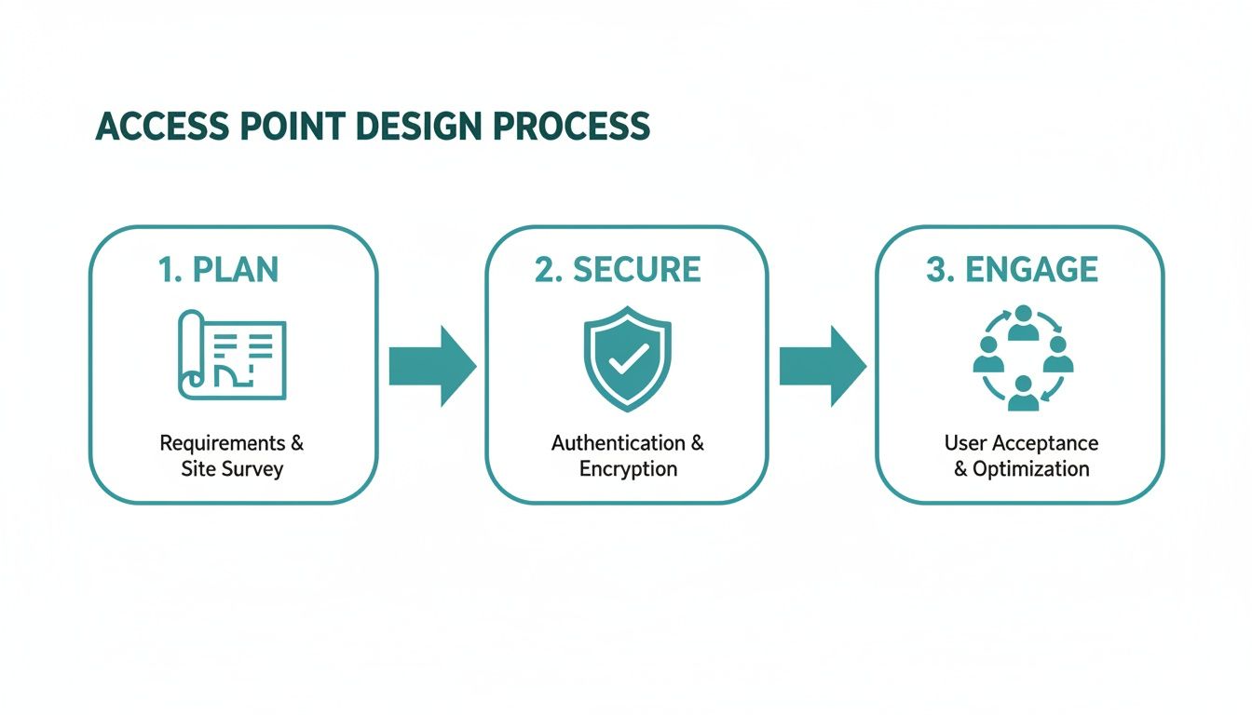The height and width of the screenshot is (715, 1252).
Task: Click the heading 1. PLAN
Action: click(218, 269)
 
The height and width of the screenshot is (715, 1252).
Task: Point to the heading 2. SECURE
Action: click(618, 269)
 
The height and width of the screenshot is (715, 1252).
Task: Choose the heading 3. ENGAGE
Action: click(1012, 269)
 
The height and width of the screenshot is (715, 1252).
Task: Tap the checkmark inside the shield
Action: click(627, 358)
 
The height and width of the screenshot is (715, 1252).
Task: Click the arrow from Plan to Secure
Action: click(431, 366)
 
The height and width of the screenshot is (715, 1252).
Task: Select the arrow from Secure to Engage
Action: click(822, 366)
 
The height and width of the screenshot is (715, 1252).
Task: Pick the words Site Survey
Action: click(232, 468)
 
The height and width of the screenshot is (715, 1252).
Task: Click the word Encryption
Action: click(628, 468)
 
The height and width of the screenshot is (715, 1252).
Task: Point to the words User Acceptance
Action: click(1021, 442)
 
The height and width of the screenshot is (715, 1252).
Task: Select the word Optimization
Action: click(1030, 468)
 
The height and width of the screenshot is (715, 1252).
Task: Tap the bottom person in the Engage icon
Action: click(1023, 394)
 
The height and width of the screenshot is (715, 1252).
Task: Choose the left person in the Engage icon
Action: click(988, 356)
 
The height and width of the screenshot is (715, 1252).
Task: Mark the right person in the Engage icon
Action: click(1057, 356)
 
